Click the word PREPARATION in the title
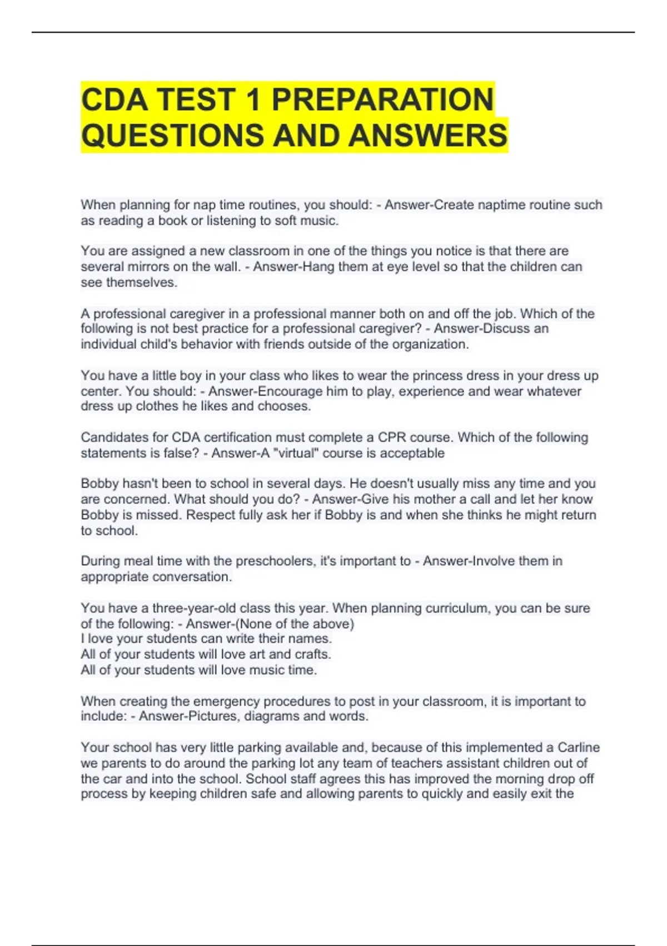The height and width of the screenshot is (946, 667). point(382,100)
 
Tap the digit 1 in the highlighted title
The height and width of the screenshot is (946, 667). point(253,100)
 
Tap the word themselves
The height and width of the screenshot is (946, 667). point(141,282)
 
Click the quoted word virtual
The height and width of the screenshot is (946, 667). point(287,453)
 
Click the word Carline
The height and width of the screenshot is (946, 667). point(579,747)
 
